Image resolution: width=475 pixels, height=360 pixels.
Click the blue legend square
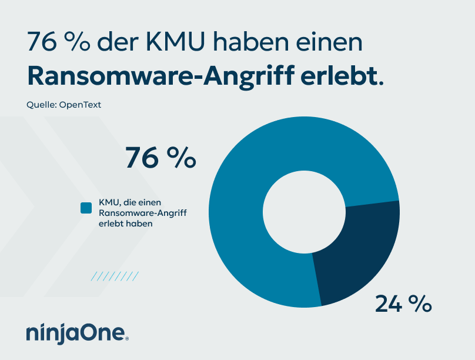click(x=86, y=208)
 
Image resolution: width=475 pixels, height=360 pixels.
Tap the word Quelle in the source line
click(x=40, y=105)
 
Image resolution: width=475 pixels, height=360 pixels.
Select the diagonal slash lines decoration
click(x=115, y=276)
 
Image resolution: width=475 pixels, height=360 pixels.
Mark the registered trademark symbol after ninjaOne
click(x=127, y=338)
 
